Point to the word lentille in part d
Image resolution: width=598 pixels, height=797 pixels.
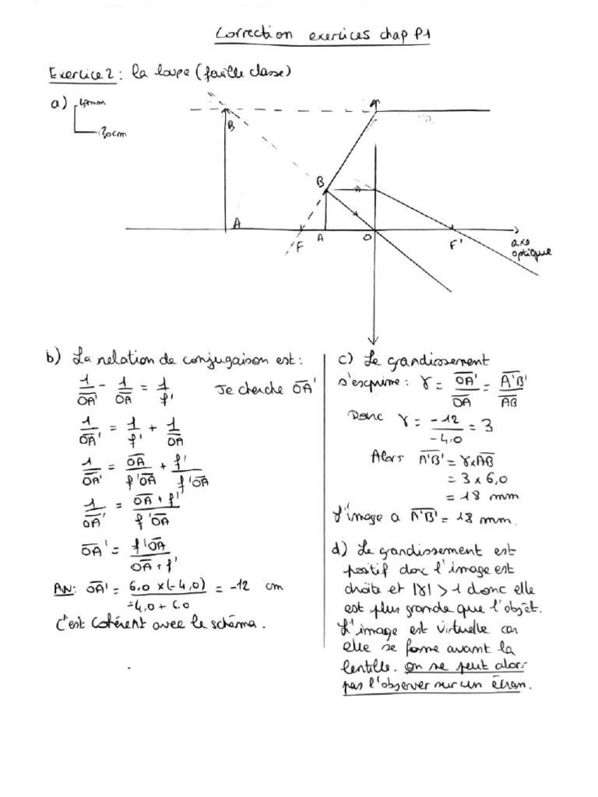click(368, 667)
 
